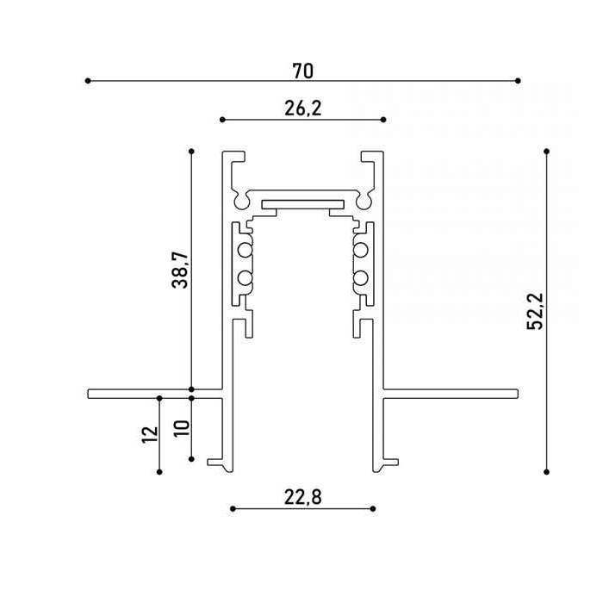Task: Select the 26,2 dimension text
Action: point(302,108)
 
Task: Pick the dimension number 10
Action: point(180,428)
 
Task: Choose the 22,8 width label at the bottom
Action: point(301,496)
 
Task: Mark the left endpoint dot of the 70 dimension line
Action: point(88,81)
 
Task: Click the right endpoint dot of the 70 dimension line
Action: point(518,81)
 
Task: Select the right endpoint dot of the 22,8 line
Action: point(373,508)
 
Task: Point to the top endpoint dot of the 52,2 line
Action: point(546,151)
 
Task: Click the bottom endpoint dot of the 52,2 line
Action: point(546,471)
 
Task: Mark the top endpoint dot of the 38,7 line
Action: point(191,151)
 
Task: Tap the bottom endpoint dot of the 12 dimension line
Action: point(160,471)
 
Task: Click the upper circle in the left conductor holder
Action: point(245,251)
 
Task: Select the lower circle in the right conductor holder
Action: point(359,278)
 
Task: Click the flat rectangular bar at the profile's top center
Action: point(302,204)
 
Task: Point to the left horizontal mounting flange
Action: point(155,394)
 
